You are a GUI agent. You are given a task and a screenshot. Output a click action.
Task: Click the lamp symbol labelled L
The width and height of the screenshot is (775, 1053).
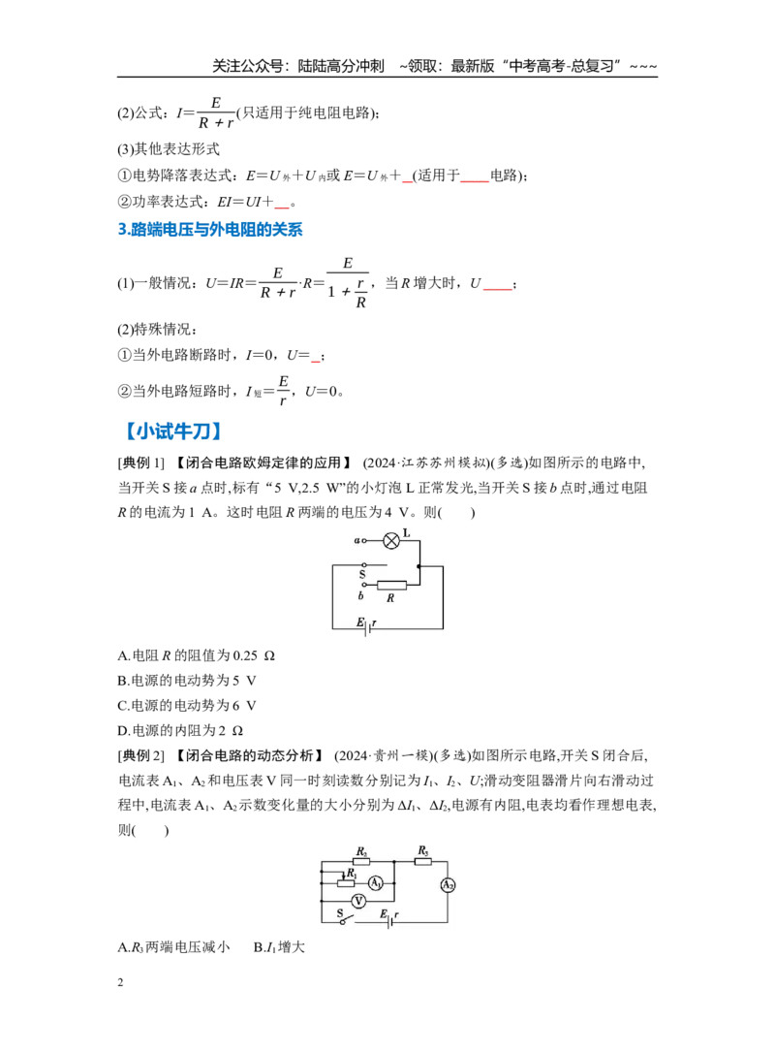[391, 541]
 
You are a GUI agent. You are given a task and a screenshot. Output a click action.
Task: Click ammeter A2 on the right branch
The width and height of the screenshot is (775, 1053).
[448, 885]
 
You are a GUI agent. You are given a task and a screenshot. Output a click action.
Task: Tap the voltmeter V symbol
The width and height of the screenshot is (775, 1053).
[359, 901]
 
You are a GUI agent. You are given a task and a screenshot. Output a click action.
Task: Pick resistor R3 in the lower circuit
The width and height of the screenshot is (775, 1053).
[422, 861]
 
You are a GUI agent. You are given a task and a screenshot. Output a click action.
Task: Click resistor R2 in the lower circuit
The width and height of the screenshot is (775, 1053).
[361, 861]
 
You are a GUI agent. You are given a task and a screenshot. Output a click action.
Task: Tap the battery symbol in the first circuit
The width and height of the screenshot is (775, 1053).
[365, 628]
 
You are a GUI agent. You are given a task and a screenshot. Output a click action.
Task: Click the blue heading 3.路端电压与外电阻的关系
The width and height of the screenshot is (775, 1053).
[210, 230]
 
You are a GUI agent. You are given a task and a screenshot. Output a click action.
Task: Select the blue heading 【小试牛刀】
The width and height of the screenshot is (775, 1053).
[172, 431]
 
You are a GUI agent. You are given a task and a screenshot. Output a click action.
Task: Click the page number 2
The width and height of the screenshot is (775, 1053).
[121, 982]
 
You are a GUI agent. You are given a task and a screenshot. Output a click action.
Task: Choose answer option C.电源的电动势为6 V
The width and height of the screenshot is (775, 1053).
[187, 705]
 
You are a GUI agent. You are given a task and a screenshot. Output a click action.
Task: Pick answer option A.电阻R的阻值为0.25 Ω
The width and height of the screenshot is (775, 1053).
[196, 655]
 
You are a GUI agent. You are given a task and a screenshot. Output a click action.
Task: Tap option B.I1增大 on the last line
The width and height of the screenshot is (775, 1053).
[279, 947]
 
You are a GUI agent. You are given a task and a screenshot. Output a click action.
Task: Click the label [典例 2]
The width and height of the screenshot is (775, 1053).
[140, 755]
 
